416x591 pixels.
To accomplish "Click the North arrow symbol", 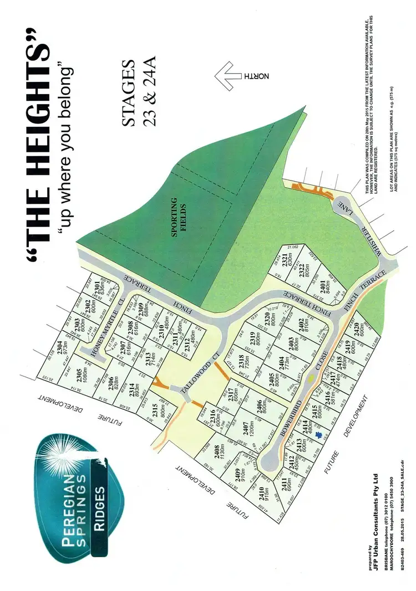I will [236, 76].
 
